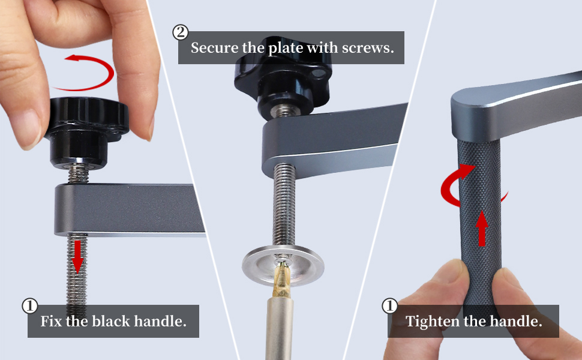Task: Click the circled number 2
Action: (x=180, y=32)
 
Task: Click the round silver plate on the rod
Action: (x=283, y=262)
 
